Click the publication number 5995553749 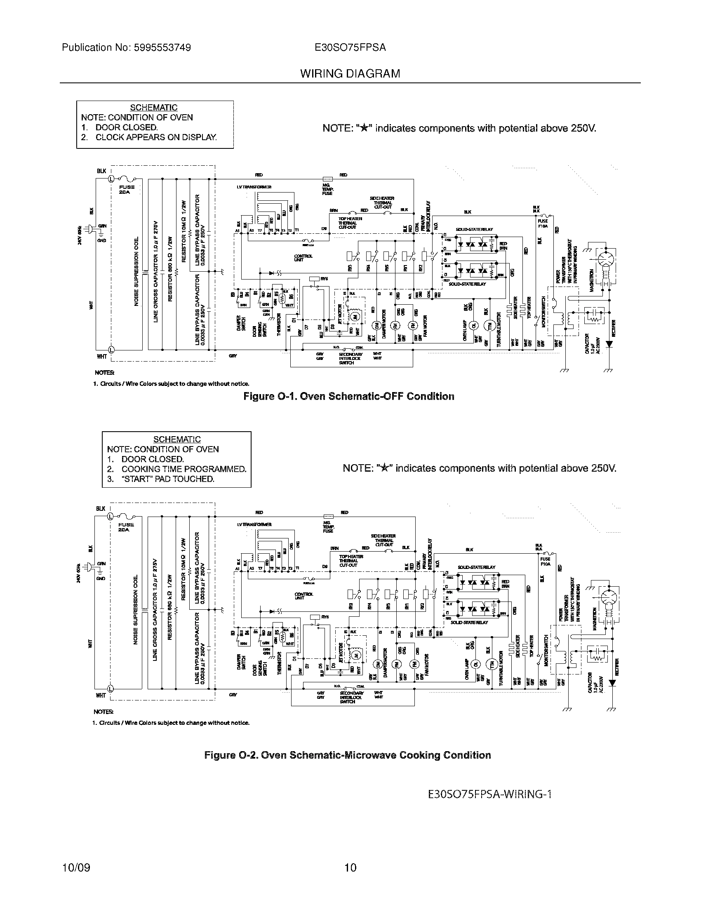click(162, 48)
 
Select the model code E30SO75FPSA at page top click(350, 48)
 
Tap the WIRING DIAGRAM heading click(350, 74)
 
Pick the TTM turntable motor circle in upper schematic click(489, 325)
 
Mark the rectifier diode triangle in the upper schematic click(609, 344)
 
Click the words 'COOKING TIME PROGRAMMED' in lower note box click(183, 469)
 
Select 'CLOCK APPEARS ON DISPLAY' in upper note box click(156, 137)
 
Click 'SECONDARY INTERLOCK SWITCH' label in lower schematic click(351, 697)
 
